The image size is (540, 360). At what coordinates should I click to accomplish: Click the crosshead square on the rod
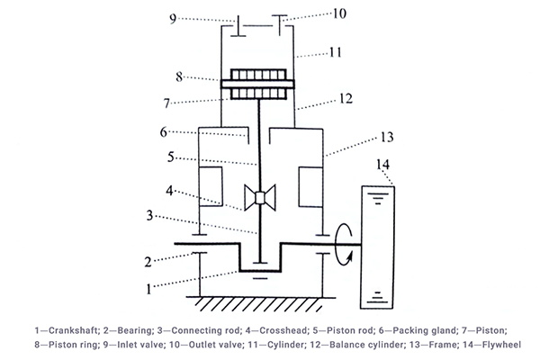(x=259, y=199)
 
